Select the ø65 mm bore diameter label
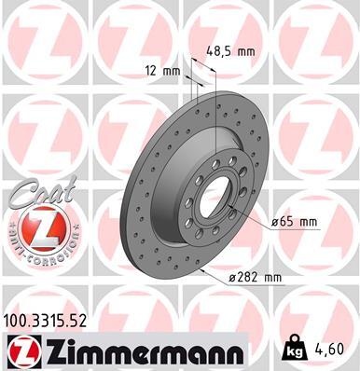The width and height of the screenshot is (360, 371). pos(296,222)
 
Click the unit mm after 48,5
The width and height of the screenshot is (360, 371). pos(246,52)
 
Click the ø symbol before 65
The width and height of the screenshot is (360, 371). pos(278,222)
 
